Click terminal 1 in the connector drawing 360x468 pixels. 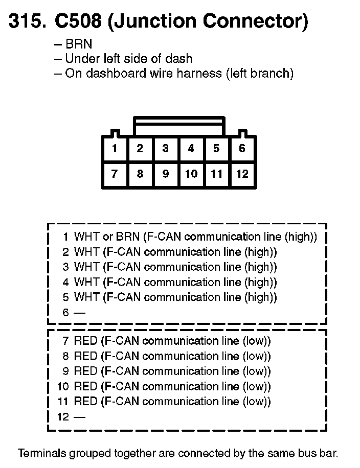tap(115, 149)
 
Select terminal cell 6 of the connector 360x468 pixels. tap(242, 149)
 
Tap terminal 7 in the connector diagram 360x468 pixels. tap(115, 174)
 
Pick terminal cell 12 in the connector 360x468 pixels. tap(242, 174)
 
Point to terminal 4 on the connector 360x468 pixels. tap(191, 149)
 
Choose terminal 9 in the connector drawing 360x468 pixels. tap(166, 174)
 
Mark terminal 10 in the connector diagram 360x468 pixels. tap(191, 174)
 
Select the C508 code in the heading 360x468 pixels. tap(78, 21)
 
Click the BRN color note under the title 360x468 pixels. tap(79, 44)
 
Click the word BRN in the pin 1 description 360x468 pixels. tap(127, 237)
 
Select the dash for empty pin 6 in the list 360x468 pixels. tap(79, 313)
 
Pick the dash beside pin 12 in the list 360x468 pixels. tap(79, 417)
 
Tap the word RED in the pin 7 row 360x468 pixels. tap(85, 341)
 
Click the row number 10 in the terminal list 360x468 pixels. tap(63, 387)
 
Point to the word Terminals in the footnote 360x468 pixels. tap(42, 453)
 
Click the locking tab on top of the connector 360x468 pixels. tap(179, 126)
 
